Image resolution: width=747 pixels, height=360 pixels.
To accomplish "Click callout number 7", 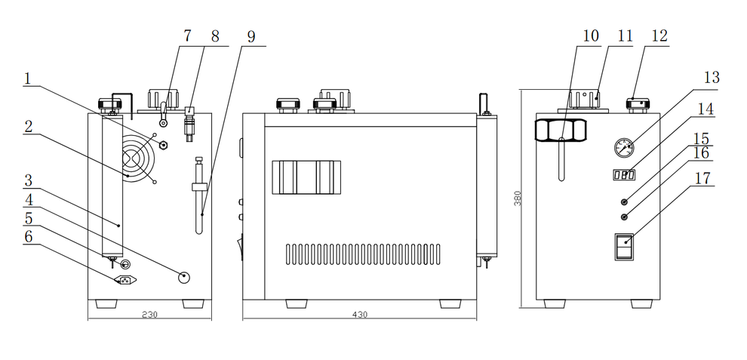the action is click(187, 36).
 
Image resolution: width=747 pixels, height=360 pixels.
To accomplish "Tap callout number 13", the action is click(712, 77).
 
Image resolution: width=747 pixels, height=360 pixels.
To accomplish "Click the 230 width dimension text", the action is click(149, 315).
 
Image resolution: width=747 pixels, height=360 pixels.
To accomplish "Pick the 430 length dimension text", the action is click(360, 315).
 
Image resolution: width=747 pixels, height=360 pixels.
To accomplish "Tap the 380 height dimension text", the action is click(518, 198).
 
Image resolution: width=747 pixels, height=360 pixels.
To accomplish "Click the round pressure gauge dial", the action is click(624, 147).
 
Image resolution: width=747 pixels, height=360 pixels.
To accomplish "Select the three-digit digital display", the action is click(623, 175).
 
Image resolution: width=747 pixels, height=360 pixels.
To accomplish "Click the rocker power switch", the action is click(624, 247).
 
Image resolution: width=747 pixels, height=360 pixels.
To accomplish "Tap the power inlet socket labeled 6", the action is click(126, 280).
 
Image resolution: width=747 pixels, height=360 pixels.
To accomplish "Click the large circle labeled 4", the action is click(184, 276).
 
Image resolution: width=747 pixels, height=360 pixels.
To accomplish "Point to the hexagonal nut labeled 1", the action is click(164, 145).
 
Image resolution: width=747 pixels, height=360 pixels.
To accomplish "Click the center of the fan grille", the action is click(137, 158).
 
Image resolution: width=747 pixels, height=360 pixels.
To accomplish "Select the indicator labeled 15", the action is click(625, 202).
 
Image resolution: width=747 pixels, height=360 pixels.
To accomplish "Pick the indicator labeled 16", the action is click(625, 217).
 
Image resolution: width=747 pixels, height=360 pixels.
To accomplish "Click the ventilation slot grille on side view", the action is click(363, 254).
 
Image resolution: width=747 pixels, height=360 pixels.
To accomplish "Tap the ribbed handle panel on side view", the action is click(306, 177).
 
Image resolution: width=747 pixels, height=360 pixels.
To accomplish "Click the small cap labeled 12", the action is click(638, 104).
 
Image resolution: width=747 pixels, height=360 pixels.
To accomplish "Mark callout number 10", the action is click(591, 36).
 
